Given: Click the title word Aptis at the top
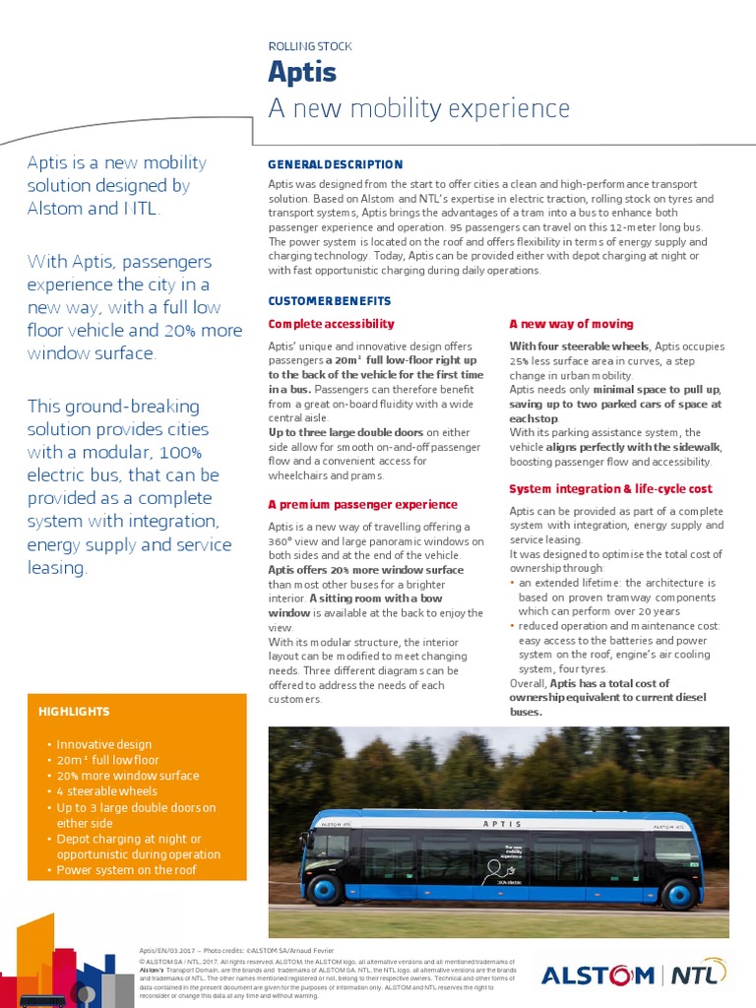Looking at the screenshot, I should point(302,72).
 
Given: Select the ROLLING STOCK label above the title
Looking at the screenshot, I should point(310,46).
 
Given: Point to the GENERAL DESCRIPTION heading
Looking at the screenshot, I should point(336,164).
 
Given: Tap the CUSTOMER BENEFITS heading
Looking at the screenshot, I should point(330,300).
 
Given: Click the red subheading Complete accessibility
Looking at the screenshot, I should point(332,324).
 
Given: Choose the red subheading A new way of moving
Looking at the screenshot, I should point(571,324).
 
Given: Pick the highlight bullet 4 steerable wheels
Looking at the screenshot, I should point(106,791).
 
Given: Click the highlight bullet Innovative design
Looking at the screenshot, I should point(104,745).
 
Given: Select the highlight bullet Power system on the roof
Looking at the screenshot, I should point(126,870).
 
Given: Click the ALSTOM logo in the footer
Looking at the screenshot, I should point(598,976).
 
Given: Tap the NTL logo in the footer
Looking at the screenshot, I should point(699,976).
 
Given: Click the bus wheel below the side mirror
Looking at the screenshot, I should point(324,890).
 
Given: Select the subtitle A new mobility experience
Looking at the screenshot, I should point(419,108).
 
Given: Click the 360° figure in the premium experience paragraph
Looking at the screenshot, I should point(282,541).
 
